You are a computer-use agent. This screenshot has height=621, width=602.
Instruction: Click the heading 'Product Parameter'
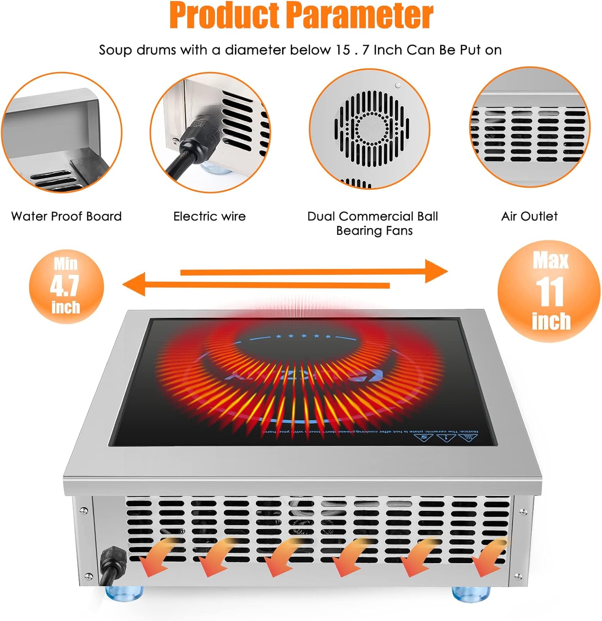point(301,16)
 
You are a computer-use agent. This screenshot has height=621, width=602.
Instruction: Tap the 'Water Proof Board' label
point(66,216)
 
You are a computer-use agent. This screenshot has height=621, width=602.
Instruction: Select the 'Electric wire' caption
point(209,216)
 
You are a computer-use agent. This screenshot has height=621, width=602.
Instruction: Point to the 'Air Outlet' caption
point(529,216)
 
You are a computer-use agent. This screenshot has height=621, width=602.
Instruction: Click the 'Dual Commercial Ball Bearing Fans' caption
point(373,223)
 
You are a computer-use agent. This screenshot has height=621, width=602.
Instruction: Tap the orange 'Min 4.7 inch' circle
point(66,286)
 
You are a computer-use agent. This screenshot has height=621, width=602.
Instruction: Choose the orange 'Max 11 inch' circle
point(549,292)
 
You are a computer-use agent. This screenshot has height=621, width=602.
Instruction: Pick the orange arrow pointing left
point(257,285)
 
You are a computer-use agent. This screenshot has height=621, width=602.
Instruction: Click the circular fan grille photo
point(370,129)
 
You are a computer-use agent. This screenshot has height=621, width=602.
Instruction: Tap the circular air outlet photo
point(530,128)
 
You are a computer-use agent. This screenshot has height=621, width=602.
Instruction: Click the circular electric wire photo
point(210,132)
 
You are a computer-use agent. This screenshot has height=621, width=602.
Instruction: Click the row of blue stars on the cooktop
point(304,336)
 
